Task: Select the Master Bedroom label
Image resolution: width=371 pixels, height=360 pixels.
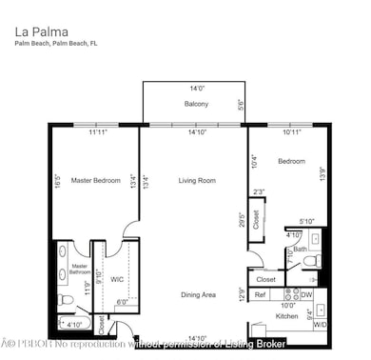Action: coord(95,180)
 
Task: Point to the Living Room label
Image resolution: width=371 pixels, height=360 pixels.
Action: coord(197,180)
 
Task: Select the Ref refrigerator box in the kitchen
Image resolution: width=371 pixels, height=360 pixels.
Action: coord(261,295)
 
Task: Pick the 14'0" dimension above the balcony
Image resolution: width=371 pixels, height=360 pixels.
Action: coord(197,87)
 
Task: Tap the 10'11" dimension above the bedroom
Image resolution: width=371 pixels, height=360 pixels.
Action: coord(292,132)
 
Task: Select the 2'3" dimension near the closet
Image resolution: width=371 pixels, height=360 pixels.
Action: coord(259,192)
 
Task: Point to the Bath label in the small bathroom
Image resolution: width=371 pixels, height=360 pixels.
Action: coord(300,250)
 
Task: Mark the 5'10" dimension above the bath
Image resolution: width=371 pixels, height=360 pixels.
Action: coord(306,222)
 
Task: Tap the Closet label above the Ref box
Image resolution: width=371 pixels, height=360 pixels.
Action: coord(267,279)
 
